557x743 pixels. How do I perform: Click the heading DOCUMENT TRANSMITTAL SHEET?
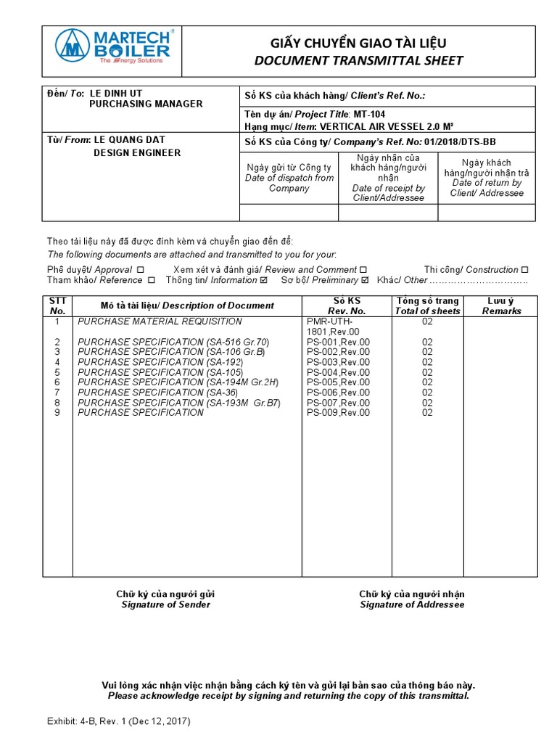[x=358, y=60]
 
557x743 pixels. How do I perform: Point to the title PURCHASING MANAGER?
[x=146, y=104]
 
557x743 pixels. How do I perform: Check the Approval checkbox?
[x=141, y=270]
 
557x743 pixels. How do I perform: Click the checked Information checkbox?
[x=263, y=280]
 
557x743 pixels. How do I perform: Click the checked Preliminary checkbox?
[x=365, y=280]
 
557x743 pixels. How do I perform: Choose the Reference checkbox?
[x=152, y=280]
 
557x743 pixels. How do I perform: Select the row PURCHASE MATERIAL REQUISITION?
[x=160, y=321]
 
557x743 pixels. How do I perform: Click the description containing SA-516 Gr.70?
[x=173, y=342]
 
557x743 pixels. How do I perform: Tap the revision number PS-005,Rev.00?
[x=338, y=382]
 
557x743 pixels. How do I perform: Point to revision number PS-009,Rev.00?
[x=338, y=413]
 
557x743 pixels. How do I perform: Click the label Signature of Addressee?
[x=412, y=604]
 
